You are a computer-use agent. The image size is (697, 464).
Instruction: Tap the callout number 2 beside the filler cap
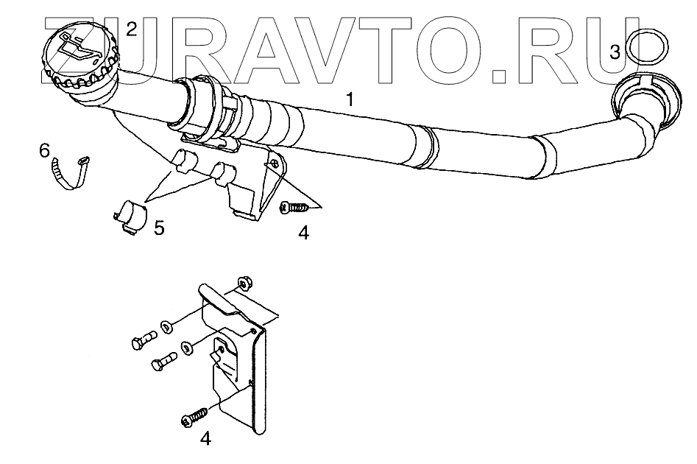tap(131, 29)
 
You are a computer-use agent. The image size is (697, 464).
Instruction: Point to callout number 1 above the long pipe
tap(351, 99)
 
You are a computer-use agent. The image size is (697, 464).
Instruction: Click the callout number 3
tap(616, 52)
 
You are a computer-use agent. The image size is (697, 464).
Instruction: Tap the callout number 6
tap(45, 152)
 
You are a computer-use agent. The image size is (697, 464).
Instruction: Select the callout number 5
tap(159, 228)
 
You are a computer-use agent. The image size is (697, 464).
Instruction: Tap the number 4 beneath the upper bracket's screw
tap(303, 233)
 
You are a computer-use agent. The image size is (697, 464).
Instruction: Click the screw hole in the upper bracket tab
tap(273, 163)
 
